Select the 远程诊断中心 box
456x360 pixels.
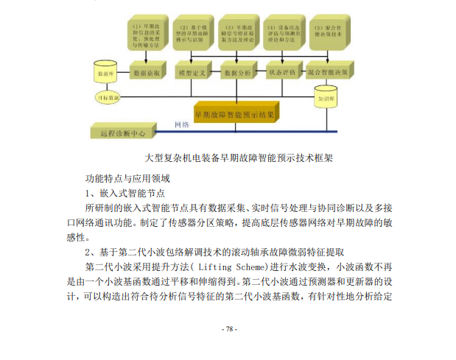122,133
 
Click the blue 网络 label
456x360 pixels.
182,125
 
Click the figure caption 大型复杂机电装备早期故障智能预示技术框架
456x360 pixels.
239,158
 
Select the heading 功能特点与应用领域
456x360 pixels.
128,178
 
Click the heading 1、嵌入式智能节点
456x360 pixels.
122,194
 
